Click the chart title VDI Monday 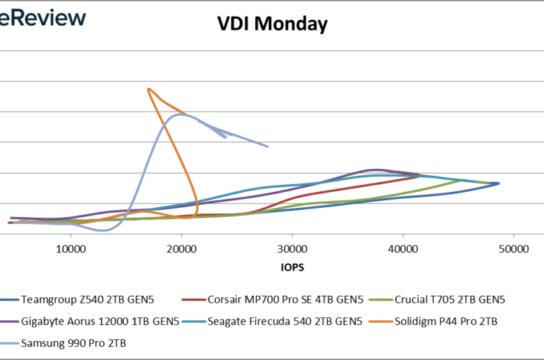click(272, 24)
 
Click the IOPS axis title click(292, 267)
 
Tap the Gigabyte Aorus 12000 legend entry click(100, 321)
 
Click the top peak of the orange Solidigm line click(149, 89)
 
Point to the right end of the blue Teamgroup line click(499, 183)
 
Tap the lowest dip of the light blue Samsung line click(103, 230)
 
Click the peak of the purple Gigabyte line click(376, 170)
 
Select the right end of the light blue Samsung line click(268, 147)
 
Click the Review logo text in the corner click(43, 17)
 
